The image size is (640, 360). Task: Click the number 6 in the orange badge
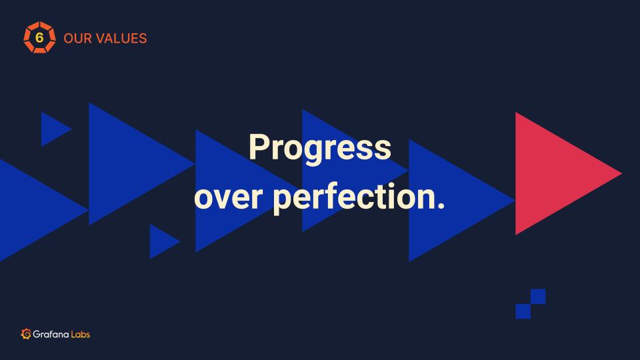[39, 37]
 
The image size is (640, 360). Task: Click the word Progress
[320, 148]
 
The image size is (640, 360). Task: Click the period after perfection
[441, 206]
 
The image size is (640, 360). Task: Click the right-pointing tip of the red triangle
[621, 173]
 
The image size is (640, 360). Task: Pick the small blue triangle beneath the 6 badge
[53, 129]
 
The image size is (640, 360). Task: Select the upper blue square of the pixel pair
[538, 296]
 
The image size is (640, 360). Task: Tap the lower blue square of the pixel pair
[523, 311]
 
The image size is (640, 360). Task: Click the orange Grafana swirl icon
[26, 334]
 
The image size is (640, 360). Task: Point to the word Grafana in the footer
[51, 334]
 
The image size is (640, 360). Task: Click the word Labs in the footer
[81, 334]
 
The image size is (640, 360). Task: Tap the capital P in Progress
[259, 147]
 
